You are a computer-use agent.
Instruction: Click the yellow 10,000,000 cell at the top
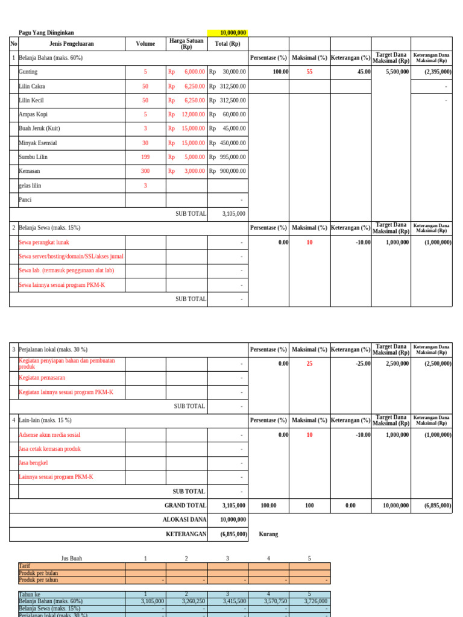click(x=227, y=33)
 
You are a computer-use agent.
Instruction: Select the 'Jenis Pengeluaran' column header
click(x=72, y=44)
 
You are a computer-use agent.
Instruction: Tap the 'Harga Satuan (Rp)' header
click(x=186, y=44)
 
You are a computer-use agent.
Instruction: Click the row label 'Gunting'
click(x=28, y=72)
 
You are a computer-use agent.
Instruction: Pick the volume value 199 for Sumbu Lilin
click(x=145, y=157)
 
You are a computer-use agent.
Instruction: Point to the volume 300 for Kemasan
click(x=145, y=171)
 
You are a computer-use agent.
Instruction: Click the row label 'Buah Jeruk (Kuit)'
click(x=40, y=128)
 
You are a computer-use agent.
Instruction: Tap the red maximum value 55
click(x=309, y=72)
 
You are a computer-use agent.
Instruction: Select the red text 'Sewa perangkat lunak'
click(x=44, y=242)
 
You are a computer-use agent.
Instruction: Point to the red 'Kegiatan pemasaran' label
click(x=42, y=378)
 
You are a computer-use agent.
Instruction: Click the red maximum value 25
click(x=309, y=364)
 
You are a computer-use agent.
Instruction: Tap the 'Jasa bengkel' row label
click(x=34, y=463)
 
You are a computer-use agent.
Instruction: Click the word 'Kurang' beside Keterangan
click(x=268, y=534)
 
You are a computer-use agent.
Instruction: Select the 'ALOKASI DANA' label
click(x=184, y=519)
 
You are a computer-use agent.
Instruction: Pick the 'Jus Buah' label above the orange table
click(x=72, y=559)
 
